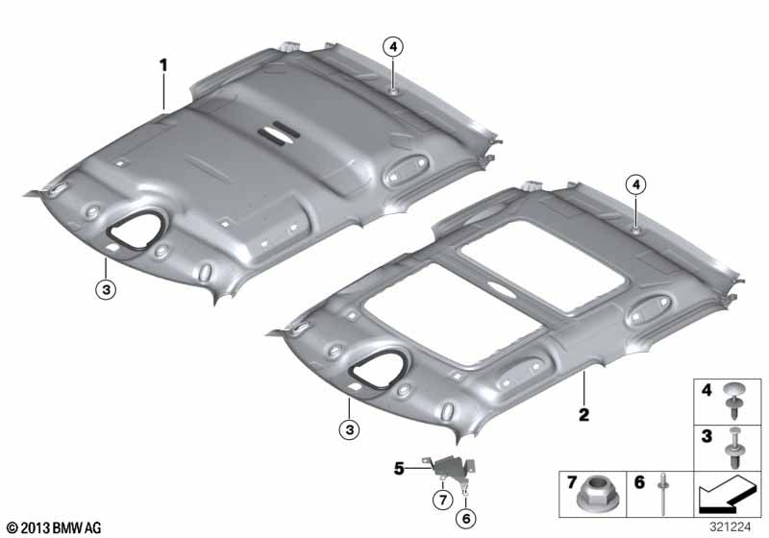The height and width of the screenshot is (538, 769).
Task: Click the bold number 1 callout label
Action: (163, 65)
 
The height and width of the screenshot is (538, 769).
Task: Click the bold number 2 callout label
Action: (583, 415)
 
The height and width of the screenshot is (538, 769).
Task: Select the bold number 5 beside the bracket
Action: (399, 469)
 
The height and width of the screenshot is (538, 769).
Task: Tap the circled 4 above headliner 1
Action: (393, 47)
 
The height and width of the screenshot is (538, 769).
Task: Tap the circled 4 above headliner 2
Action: (636, 184)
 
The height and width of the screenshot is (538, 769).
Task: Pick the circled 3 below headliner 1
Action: (106, 289)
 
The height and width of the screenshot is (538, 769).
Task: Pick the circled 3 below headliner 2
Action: (349, 430)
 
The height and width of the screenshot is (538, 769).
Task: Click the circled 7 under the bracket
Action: (443, 500)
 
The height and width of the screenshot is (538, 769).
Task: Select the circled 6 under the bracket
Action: (466, 519)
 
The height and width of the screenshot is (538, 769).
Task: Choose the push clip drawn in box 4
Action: (734, 401)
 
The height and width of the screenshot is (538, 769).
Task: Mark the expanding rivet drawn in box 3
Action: (734, 448)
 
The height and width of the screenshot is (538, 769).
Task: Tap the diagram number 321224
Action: (730, 526)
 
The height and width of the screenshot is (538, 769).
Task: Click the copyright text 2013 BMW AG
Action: (55, 528)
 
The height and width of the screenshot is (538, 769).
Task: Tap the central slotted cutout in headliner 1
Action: (279, 133)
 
